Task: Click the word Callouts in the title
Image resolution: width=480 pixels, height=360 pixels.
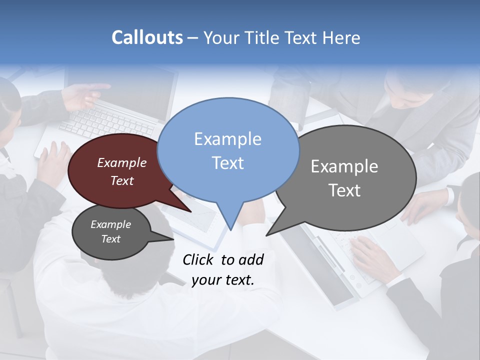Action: point(147,38)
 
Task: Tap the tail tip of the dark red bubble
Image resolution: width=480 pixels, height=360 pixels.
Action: point(190,211)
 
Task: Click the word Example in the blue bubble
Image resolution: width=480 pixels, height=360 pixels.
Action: point(227,139)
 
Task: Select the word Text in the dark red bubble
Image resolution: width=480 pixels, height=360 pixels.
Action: point(122,181)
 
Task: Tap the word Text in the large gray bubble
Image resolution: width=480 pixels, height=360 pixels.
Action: point(344,190)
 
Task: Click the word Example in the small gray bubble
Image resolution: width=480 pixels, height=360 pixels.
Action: point(110,224)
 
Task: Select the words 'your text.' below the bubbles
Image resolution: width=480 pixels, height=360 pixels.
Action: point(223,280)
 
